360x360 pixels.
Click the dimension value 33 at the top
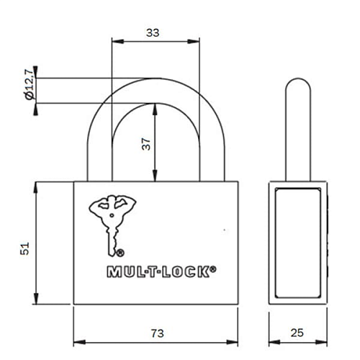click(x=152, y=32)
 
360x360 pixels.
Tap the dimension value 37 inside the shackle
click(x=145, y=143)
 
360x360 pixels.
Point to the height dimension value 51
click(x=24, y=248)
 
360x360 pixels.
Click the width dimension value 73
click(x=156, y=333)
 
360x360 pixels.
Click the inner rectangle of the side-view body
click(x=299, y=243)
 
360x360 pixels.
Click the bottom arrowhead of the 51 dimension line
click(x=37, y=301)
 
